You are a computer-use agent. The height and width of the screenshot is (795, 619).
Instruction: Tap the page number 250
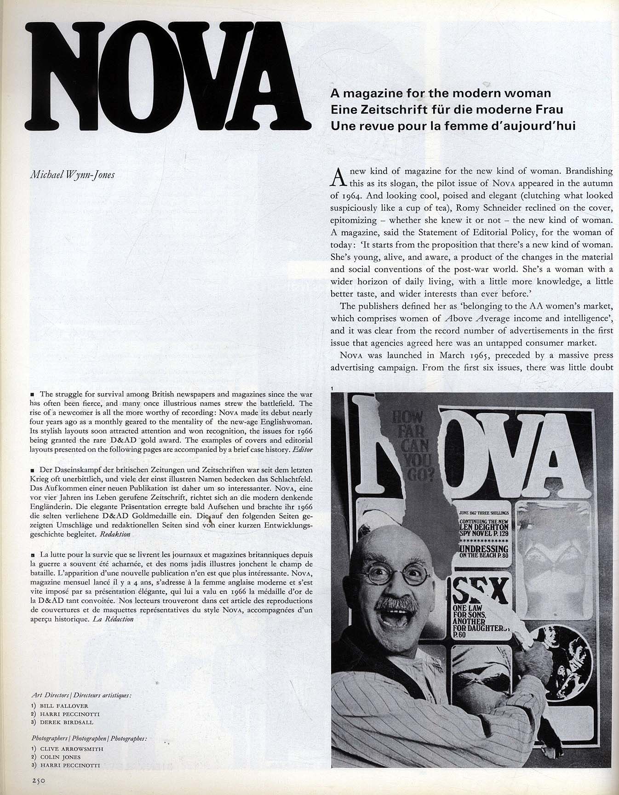pos(40,778)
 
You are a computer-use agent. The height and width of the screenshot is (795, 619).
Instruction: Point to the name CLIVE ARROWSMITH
pos(71,749)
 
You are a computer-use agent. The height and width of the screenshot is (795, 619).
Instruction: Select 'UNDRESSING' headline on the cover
pos(483,549)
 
